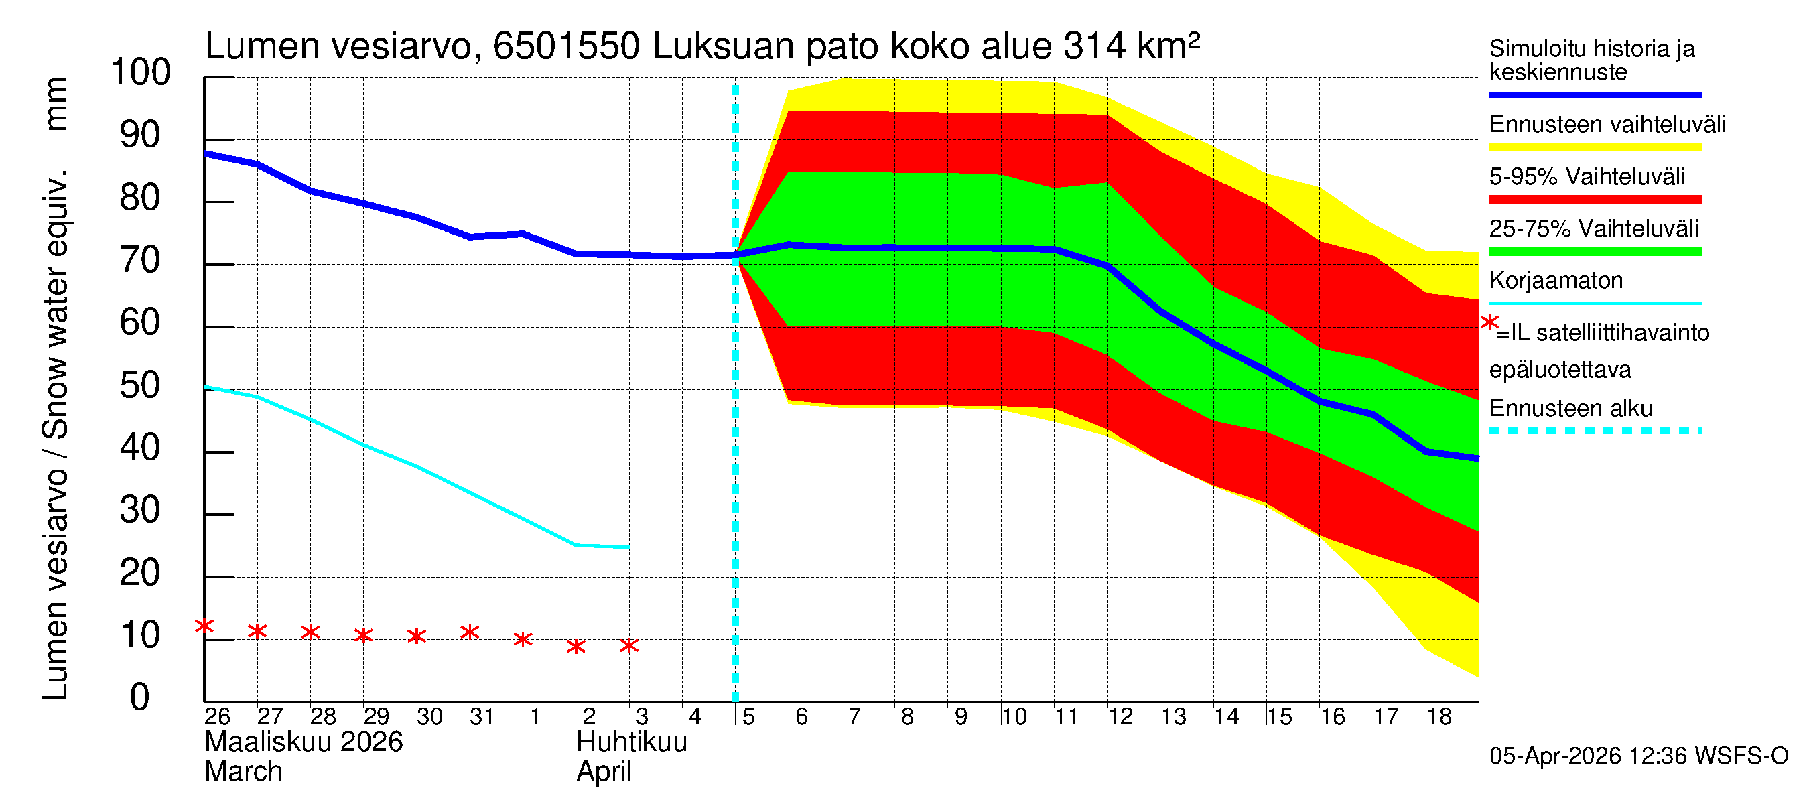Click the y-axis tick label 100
[x=141, y=72]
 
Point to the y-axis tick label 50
[x=141, y=385]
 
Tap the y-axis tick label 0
[x=140, y=697]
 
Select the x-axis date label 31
[x=482, y=717]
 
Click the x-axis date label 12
[x=1120, y=717]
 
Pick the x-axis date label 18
[x=1439, y=717]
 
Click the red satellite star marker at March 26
[x=204, y=626]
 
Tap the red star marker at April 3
[x=629, y=645]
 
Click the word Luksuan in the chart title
[x=724, y=46]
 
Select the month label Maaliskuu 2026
[x=304, y=742]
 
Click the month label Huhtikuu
[x=631, y=742]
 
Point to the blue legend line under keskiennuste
[x=1595, y=94]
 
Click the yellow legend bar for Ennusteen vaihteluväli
[x=1595, y=147]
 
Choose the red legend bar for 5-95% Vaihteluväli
[x=1595, y=200]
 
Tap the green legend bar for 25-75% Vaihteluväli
[x=1595, y=251]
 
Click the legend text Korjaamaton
[x=1556, y=281]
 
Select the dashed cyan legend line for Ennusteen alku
[x=1595, y=431]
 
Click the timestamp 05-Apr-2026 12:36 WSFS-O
[x=1638, y=756]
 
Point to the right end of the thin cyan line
[x=628, y=547]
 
